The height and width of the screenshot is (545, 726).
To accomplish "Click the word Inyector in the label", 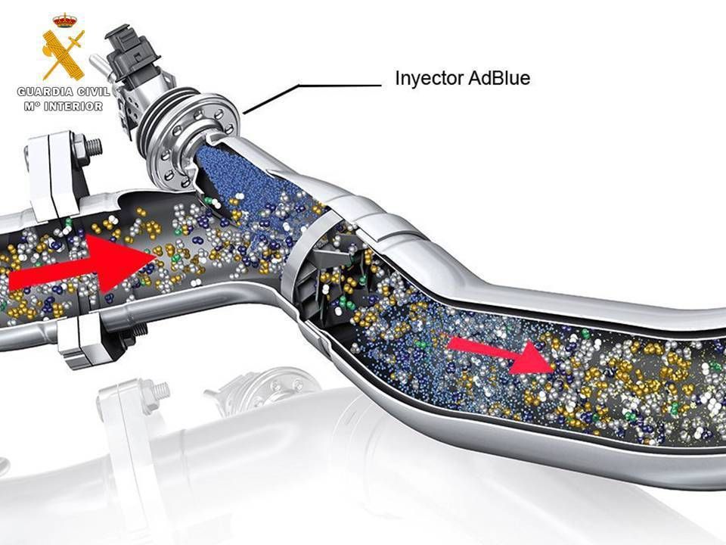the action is tap(430, 78).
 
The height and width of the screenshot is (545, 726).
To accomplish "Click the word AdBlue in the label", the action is tap(499, 77).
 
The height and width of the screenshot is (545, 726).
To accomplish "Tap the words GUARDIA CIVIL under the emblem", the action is tap(64, 92).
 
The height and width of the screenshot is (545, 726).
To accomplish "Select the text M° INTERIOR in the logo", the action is tap(64, 106).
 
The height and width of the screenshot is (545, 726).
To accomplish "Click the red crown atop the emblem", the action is tap(64, 20).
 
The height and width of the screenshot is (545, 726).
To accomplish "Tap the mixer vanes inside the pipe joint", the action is tap(324, 273).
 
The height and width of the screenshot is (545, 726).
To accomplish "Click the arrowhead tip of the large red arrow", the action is tap(156, 255).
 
